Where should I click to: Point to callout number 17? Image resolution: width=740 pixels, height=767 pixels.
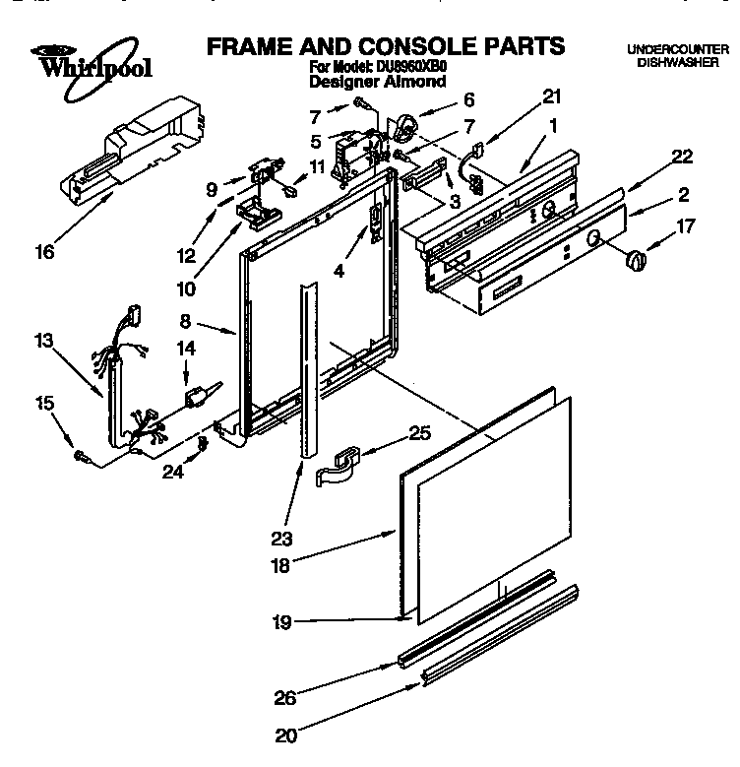(x=685, y=225)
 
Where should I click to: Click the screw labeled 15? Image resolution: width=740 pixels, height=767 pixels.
(x=80, y=456)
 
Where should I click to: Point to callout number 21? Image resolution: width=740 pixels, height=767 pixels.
(x=552, y=96)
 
